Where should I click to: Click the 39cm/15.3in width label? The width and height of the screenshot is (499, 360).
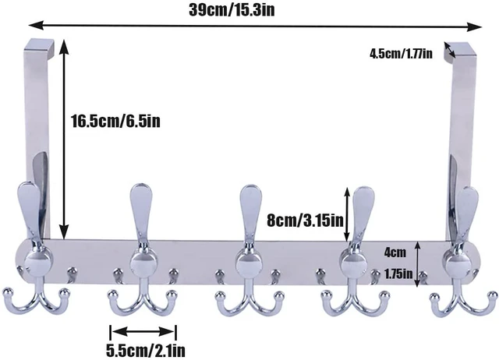click(x=232, y=10)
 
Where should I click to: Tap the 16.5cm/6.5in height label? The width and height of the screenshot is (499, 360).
click(x=115, y=122)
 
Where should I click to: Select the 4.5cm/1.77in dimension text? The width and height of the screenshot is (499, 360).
click(x=401, y=54)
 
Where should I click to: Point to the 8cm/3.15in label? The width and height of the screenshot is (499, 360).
click(x=305, y=221)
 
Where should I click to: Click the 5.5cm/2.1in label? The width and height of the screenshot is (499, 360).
click(x=146, y=351)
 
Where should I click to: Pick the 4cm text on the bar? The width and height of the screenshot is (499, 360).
click(x=395, y=252)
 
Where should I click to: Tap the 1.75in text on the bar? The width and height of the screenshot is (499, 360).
click(x=398, y=274)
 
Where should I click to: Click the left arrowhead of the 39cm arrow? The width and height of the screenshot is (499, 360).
click(x=36, y=25)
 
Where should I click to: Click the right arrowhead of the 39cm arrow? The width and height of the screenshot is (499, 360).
click(x=475, y=26)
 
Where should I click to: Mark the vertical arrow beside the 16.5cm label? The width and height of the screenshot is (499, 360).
click(x=64, y=139)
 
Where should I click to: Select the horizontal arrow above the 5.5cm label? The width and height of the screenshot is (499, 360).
click(x=143, y=332)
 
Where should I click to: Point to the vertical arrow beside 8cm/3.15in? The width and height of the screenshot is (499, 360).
click(x=346, y=214)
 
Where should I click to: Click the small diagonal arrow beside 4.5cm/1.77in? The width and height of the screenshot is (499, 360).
click(x=450, y=50)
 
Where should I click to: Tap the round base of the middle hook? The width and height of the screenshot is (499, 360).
click(x=249, y=263)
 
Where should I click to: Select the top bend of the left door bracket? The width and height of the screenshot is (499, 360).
click(x=40, y=45)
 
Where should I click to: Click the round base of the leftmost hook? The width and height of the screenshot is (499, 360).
click(x=38, y=263)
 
